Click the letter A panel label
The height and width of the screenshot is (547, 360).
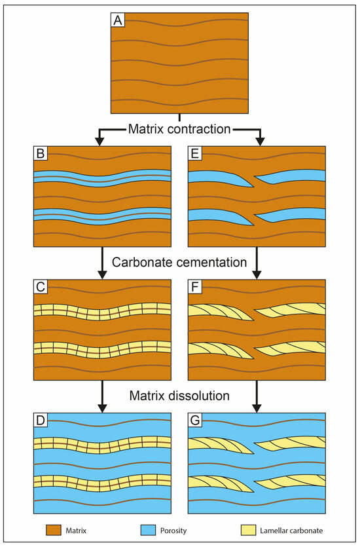[x=117, y=20]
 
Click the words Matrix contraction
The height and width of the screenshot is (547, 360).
[x=179, y=129]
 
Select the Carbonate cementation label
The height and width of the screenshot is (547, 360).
[x=179, y=263]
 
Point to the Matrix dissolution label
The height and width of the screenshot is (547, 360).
[x=179, y=396]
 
